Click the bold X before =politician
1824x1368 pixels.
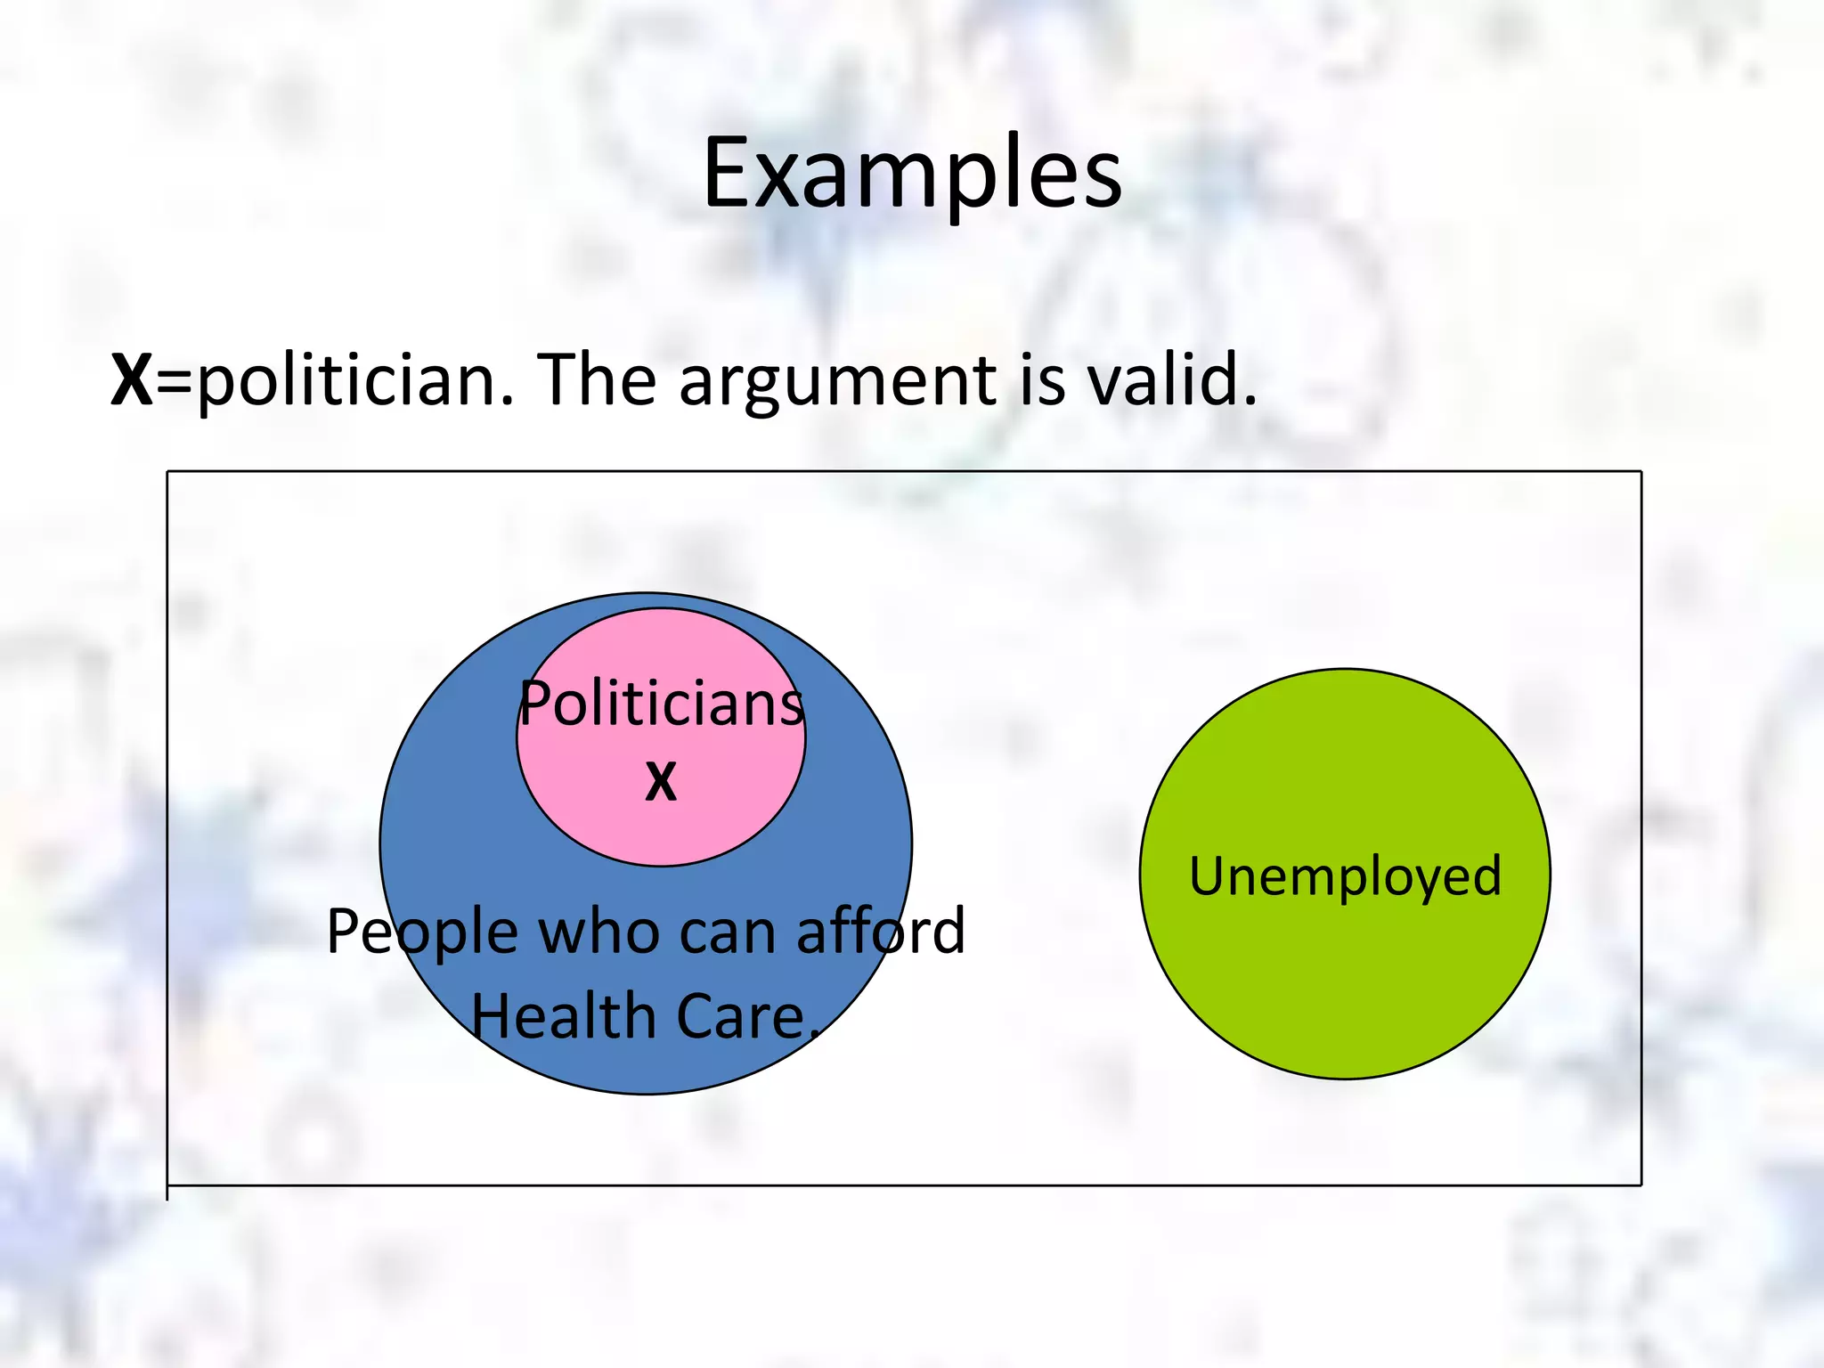tap(131, 380)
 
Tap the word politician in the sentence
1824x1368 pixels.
tap(347, 380)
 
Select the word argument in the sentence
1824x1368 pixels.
tap(837, 380)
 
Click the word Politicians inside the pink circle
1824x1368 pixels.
tap(661, 704)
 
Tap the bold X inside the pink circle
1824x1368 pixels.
tap(661, 782)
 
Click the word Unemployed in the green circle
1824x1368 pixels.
tap(1345, 876)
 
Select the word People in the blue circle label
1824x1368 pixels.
tap(422, 932)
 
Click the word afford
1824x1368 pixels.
tap(880, 932)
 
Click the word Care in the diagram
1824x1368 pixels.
tap(739, 1017)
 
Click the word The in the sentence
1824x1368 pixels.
tap(597, 380)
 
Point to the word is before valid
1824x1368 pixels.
tap(1042, 380)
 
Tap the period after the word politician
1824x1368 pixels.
tap(507, 401)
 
